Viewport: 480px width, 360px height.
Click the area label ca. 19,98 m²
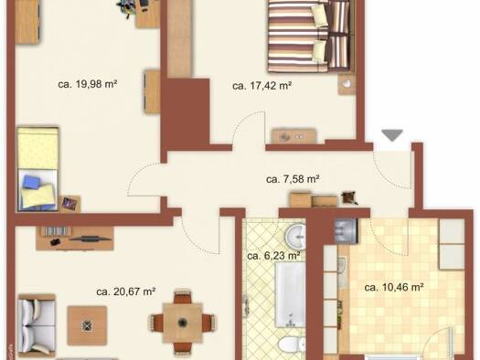click(88, 84)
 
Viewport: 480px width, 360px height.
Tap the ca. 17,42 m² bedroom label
click(261, 86)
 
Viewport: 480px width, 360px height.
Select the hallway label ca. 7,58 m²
click(293, 179)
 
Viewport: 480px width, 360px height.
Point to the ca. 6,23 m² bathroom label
click(273, 256)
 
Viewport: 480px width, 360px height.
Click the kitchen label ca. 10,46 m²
click(394, 287)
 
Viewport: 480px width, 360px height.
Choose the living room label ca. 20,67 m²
click(126, 291)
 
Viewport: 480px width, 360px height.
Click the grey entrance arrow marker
click(392, 135)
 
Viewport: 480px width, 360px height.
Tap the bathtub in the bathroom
click(290, 294)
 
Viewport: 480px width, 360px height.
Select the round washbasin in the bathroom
click(295, 237)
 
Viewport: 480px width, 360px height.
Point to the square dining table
click(183, 323)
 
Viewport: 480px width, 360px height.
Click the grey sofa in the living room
click(37, 326)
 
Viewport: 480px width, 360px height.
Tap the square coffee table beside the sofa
click(87, 325)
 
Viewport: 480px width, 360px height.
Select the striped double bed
click(310, 37)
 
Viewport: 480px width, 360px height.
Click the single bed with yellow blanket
click(37, 169)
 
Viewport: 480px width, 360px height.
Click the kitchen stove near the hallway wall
click(346, 231)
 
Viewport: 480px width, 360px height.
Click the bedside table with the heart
click(347, 83)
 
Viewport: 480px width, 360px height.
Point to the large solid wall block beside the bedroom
click(186, 111)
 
